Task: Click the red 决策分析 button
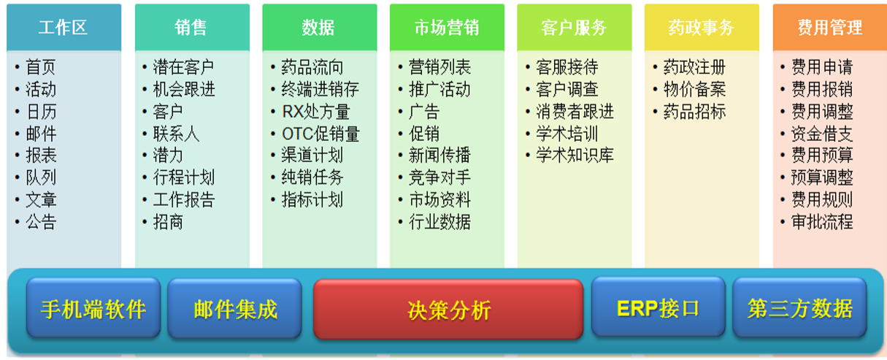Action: pyautogui.click(x=448, y=310)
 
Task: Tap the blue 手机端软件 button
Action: pyautogui.click(x=93, y=307)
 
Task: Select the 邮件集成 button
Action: pyautogui.click(x=235, y=308)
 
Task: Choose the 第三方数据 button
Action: pyautogui.click(x=800, y=307)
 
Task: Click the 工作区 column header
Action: pyautogui.click(x=64, y=27)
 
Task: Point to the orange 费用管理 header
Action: pyautogui.click(x=829, y=27)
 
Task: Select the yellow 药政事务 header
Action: pyautogui.click(x=702, y=27)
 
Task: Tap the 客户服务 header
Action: pyautogui.click(x=574, y=27)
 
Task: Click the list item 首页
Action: pyautogui.click(x=40, y=67)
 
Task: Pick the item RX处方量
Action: pyautogui.click(x=316, y=112)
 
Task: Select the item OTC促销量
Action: pyautogui.click(x=320, y=134)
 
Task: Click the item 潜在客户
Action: pyautogui.click(x=183, y=67)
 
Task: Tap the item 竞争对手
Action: pyautogui.click(x=440, y=177)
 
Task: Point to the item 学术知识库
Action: pyautogui.click(x=575, y=155)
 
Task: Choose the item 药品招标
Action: pyautogui.click(x=695, y=112)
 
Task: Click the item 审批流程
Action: pyautogui.click(x=822, y=221)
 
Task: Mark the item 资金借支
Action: pyautogui.click(x=822, y=134)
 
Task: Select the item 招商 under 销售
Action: pyautogui.click(x=168, y=221)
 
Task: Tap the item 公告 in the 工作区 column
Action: pyautogui.click(x=41, y=221)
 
